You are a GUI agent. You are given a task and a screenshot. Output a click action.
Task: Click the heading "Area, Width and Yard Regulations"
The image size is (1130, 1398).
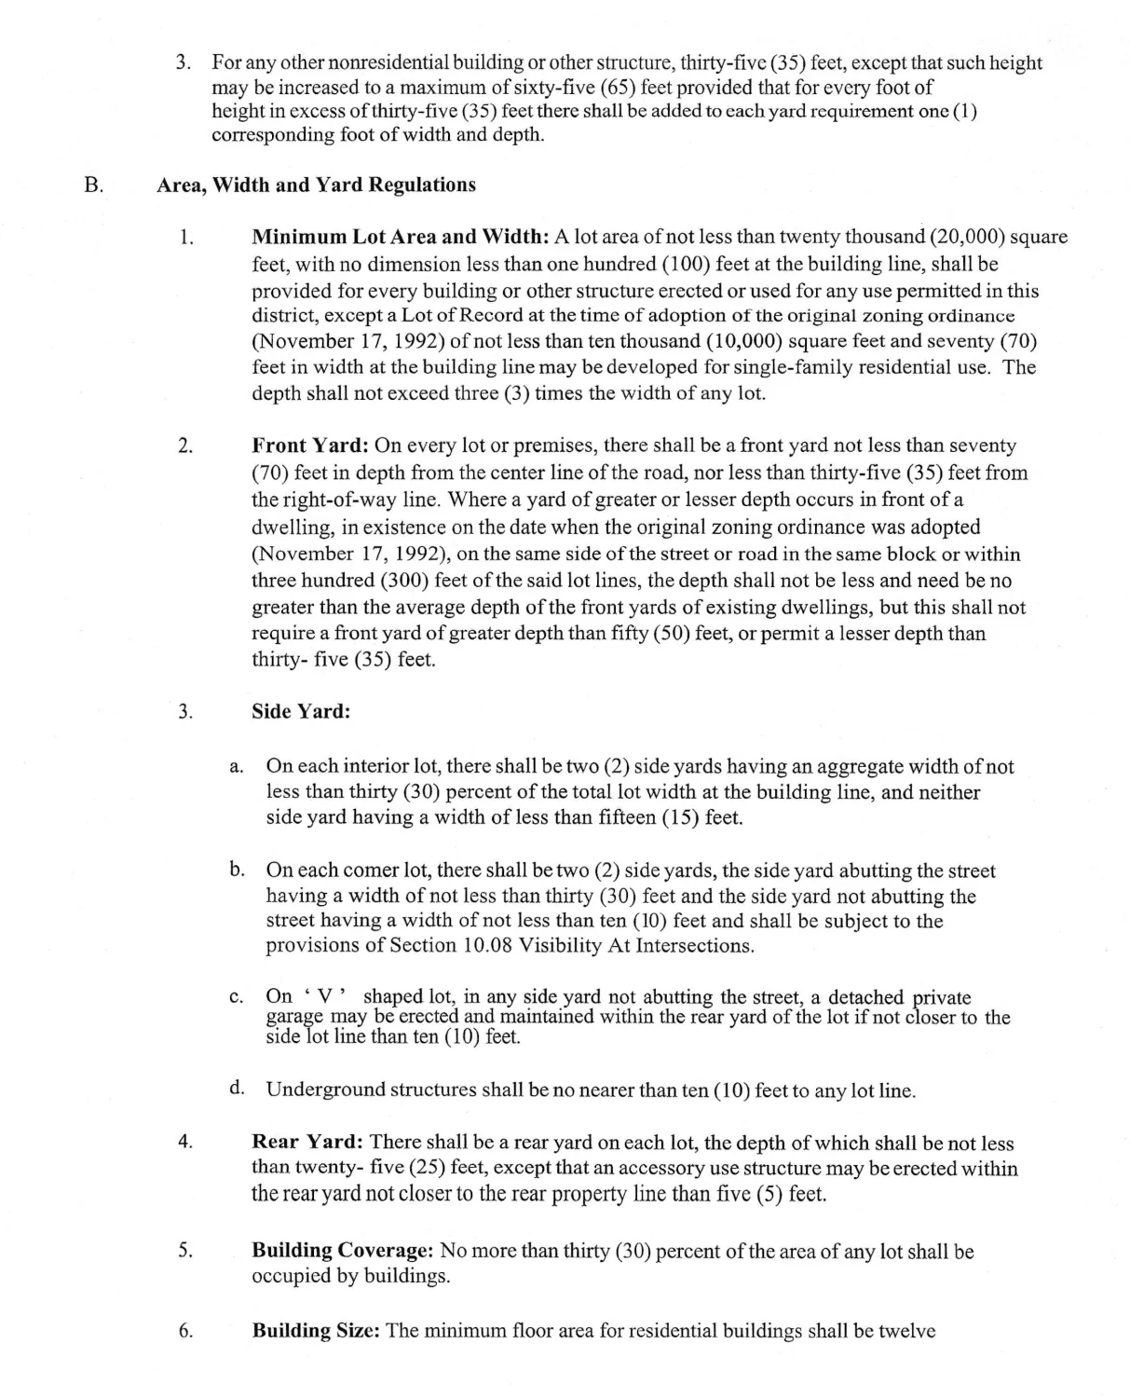click(x=316, y=185)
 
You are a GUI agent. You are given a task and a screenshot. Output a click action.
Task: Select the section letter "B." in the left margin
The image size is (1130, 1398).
click(x=93, y=185)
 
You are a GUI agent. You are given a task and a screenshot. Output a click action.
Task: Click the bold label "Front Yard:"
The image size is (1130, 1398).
click(x=310, y=445)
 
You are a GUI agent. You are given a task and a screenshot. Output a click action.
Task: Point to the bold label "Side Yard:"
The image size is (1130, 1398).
click(x=301, y=711)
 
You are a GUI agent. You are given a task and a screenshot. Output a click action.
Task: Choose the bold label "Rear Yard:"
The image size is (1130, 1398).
click(x=307, y=1143)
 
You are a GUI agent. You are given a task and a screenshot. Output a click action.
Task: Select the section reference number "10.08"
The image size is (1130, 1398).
click(x=487, y=945)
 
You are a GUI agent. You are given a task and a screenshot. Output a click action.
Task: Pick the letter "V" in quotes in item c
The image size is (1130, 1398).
click(x=326, y=996)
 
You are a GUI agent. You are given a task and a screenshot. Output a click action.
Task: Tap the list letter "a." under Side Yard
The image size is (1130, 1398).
click(x=237, y=767)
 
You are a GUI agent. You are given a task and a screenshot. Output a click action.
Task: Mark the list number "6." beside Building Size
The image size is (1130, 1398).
click(x=185, y=1331)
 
